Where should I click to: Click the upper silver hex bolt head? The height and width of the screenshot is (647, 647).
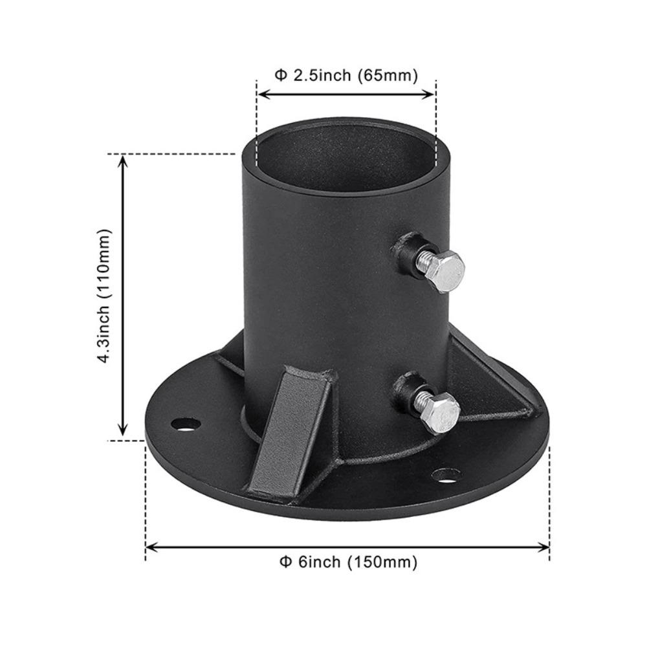(x=445, y=272)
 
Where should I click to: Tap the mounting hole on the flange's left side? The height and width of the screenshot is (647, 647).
(x=186, y=424)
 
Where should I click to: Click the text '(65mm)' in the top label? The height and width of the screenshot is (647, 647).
(x=388, y=75)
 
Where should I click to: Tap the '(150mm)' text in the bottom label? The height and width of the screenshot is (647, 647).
(x=382, y=562)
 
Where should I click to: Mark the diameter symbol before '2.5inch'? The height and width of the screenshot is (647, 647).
(x=281, y=75)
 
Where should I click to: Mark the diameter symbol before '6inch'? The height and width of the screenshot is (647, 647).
(x=285, y=562)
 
